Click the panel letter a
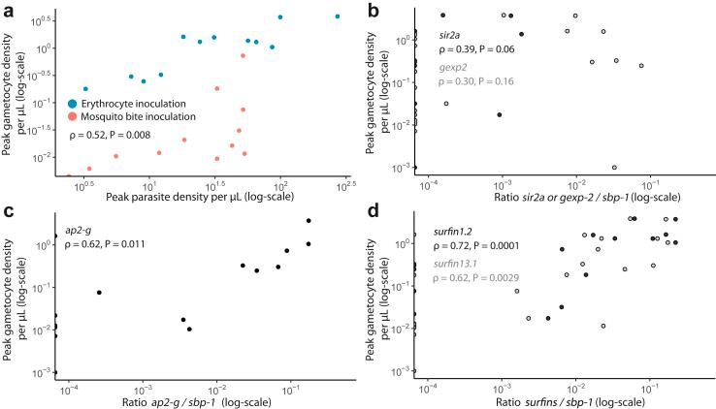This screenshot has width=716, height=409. (8, 9)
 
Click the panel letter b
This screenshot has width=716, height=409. (373, 9)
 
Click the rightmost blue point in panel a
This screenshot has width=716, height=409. (338, 16)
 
